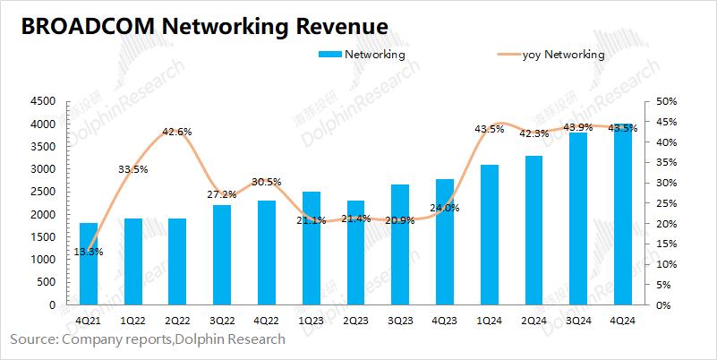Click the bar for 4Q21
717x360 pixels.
point(89,264)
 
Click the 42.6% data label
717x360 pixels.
point(177,132)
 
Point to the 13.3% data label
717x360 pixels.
point(89,252)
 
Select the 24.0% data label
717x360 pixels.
point(446,208)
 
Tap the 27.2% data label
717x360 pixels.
point(221,194)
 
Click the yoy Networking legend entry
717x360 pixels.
point(563,55)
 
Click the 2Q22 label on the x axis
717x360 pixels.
point(177,320)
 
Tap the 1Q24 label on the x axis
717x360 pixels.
point(489,320)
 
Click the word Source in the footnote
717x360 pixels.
point(33,339)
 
